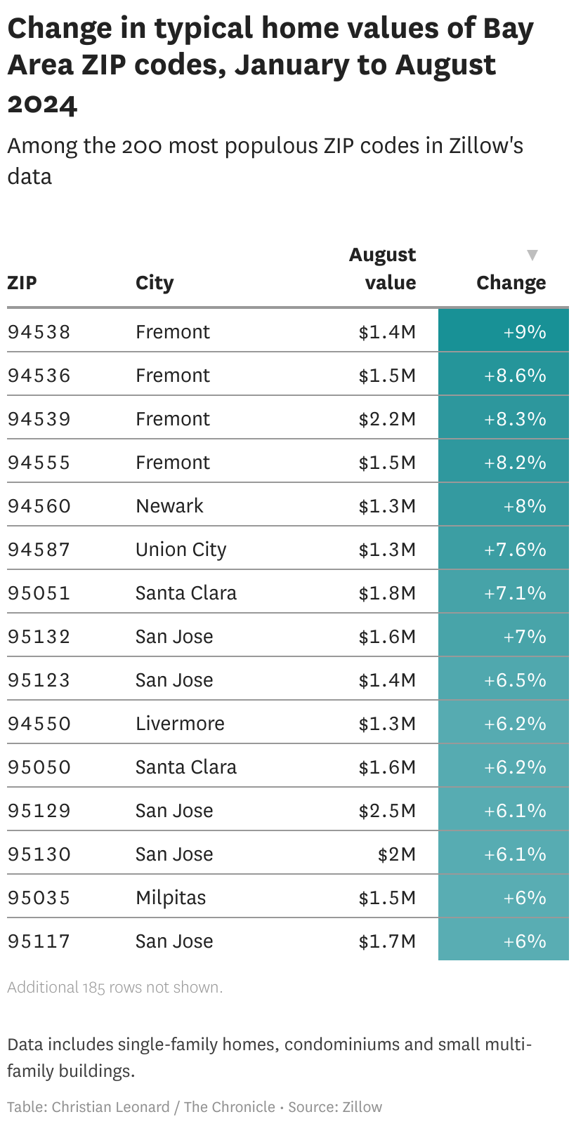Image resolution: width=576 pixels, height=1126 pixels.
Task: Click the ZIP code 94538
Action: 39,331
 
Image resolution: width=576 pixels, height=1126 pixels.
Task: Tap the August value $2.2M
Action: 387,419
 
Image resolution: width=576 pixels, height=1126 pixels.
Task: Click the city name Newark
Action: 169,506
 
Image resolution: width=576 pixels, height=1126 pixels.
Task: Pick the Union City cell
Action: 181,550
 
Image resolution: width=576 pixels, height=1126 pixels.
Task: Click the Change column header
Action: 511,283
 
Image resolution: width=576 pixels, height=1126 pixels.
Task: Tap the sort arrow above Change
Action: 532,255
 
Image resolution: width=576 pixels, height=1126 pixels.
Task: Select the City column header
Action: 155,283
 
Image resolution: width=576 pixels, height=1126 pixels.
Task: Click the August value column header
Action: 383,269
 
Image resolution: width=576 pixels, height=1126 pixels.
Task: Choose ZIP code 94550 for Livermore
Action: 39,724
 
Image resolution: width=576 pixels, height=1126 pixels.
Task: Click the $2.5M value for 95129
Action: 387,811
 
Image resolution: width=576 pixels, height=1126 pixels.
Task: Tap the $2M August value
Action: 397,854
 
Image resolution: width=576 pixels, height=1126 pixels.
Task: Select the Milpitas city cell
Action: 171,898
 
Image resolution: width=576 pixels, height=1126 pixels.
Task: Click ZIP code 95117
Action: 39,941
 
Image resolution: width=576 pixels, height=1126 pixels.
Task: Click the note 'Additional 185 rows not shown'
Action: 115,988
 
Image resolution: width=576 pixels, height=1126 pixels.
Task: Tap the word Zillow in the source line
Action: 362,1107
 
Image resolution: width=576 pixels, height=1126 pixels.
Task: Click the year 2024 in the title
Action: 42,104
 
